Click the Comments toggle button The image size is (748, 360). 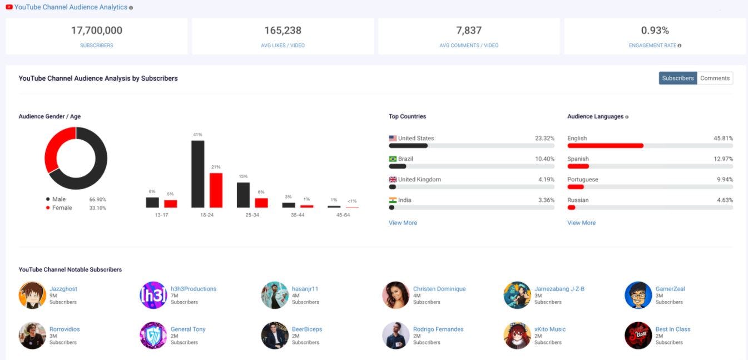(715, 78)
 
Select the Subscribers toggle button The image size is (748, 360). (677, 78)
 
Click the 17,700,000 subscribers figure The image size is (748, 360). (96, 31)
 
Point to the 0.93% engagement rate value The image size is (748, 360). (655, 31)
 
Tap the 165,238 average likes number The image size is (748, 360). (283, 31)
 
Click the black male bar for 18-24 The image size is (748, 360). (197, 174)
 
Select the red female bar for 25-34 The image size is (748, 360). (261, 203)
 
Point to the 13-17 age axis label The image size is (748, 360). (161, 215)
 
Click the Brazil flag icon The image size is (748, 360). (393, 159)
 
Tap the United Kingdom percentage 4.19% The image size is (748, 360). (544, 180)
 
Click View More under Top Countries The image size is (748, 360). (403, 223)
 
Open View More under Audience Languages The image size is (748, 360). (581, 223)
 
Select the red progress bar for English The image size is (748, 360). (605, 146)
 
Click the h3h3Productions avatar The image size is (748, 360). (153, 295)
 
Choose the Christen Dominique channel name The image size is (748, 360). (439, 289)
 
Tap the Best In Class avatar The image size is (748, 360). (638, 336)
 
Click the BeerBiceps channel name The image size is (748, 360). (307, 329)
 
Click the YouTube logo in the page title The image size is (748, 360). (9, 7)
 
